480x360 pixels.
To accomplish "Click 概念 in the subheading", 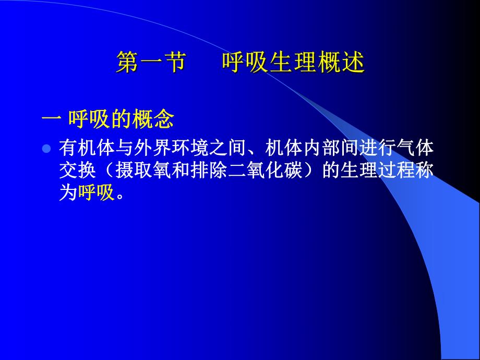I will coord(156,121).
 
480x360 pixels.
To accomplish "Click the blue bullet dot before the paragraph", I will coord(46,149).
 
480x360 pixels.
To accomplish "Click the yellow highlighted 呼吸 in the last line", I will coord(96,194).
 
